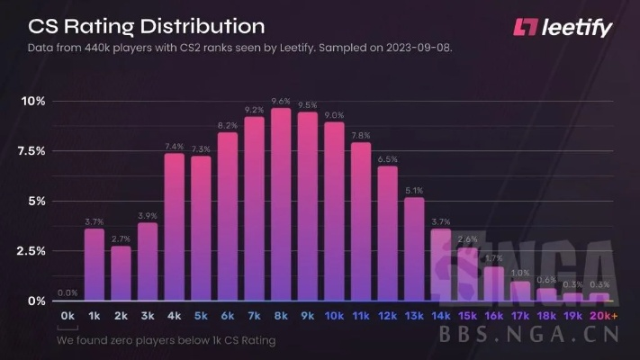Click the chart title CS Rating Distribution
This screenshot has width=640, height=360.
point(134,25)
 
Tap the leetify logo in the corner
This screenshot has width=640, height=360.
point(562,27)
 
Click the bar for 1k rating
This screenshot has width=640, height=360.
point(94,265)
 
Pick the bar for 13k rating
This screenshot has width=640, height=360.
point(414,248)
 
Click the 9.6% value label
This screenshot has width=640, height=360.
point(281,101)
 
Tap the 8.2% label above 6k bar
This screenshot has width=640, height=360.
point(228,125)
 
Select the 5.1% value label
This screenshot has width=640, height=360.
point(414,190)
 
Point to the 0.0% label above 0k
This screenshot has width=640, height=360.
point(68,292)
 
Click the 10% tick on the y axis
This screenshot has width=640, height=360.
point(34,101)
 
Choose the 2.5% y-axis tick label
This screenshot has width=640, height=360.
point(32,251)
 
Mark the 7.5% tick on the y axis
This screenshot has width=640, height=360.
point(32,151)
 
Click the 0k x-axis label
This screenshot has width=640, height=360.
point(68,317)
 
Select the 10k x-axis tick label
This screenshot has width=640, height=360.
point(334,317)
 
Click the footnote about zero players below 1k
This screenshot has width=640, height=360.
point(166,340)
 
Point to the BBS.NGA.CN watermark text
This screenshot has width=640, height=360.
point(536,336)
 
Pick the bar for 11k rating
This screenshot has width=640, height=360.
point(360,221)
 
